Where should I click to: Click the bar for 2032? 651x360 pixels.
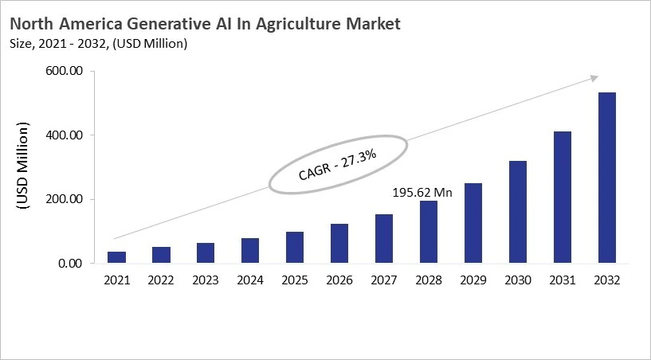point(606,178)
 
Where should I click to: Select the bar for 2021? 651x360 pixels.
point(116,257)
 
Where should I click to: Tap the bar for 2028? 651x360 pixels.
point(429,232)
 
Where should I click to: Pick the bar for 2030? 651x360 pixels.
point(518,212)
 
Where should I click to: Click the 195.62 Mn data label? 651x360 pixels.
point(422,192)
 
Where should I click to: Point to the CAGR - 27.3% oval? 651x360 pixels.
point(338,163)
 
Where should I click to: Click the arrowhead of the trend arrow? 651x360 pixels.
point(594,77)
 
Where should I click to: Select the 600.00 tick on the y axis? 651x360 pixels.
point(65,72)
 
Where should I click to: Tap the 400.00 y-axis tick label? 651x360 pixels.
point(65,135)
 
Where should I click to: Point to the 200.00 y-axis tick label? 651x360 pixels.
point(65,199)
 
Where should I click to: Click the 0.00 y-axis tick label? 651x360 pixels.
point(69,264)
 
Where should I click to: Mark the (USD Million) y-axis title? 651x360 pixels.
point(23,167)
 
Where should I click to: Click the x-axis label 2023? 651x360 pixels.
point(206,280)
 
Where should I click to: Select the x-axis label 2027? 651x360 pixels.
point(384,280)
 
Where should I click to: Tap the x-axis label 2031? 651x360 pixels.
point(563,280)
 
